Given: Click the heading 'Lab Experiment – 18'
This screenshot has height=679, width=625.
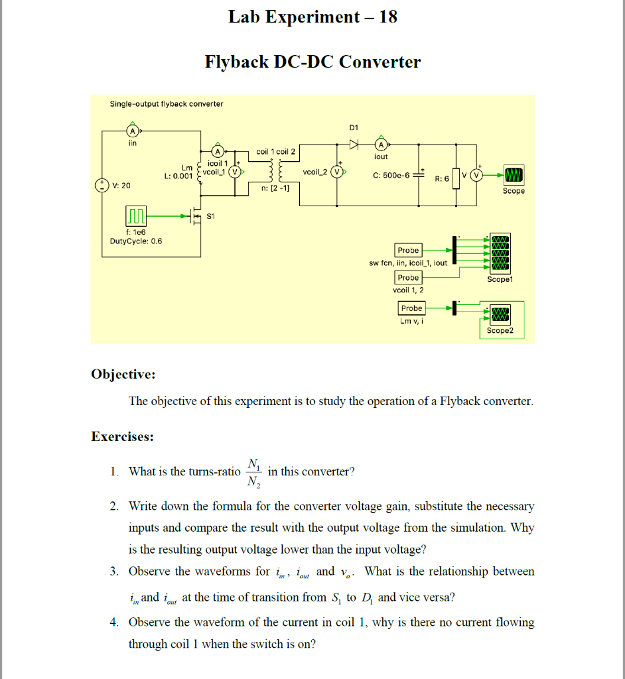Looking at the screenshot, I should click(312, 17).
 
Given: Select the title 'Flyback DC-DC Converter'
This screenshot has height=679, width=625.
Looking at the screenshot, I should click(312, 62).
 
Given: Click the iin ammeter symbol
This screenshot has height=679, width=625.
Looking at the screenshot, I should click(132, 131).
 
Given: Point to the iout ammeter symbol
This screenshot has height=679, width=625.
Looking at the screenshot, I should click(381, 145).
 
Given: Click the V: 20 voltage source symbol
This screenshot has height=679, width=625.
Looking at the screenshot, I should click(102, 185).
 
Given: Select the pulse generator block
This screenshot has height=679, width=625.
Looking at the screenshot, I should click(135, 216).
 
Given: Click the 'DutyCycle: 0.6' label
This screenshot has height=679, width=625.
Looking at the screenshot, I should click(135, 241).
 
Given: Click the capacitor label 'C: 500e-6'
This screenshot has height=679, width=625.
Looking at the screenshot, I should click(391, 175).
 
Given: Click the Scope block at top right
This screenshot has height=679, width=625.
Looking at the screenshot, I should click(514, 175).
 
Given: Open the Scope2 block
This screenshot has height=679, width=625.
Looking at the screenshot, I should click(499, 312).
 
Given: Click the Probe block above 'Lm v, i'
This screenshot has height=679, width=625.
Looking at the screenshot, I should click(411, 308).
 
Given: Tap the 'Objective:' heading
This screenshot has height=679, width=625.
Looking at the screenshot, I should click(123, 374).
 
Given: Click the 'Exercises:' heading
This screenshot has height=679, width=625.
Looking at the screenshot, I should click(122, 436).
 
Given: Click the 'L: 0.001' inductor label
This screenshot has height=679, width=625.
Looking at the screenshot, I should click(178, 176).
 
